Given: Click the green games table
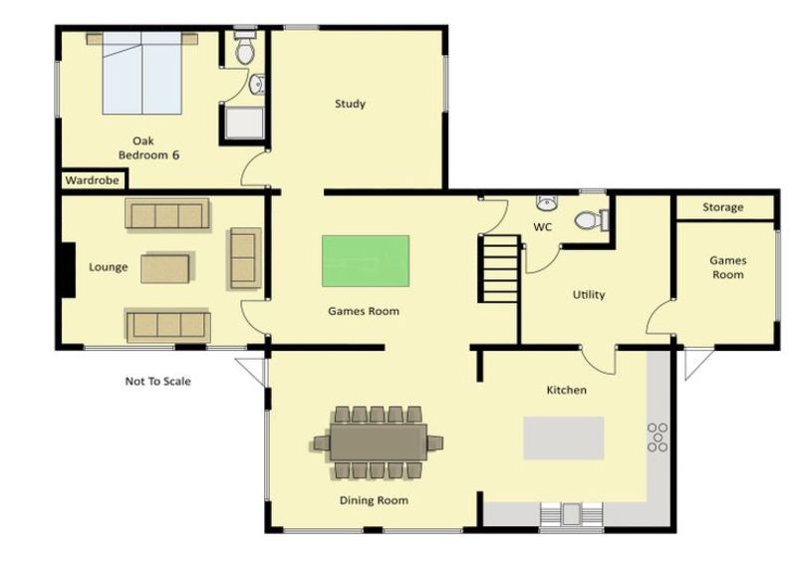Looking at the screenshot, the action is [x=366, y=261].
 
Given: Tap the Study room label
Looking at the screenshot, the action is [x=351, y=104].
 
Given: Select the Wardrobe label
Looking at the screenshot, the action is [x=92, y=180].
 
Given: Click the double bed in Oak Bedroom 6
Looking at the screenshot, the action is [x=141, y=73].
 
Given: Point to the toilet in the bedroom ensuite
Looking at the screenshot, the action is [x=245, y=48].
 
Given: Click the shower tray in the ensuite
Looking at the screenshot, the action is [x=244, y=123].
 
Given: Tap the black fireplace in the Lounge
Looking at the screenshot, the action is [x=68, y=270].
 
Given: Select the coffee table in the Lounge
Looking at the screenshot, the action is [x=165, y=268].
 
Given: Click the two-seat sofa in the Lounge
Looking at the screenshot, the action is [x=245, y=258].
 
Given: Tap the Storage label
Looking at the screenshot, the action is [x=723, y=207].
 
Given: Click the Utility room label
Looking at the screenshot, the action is [x=589, y=295].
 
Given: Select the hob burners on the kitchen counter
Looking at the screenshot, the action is [x=658, y=438].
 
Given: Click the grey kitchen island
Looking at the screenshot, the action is [x=564, y=438].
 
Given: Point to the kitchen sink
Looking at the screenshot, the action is [x=571, y=514].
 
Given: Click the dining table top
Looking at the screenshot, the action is [x=379, y=442].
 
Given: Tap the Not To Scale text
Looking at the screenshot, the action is [x=158, y=382].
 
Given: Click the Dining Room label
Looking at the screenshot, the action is [x=374, y=500].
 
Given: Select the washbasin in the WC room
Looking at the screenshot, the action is [x=546, y=202].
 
